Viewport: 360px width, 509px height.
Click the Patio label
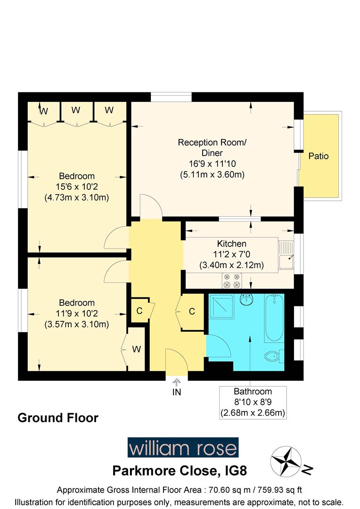click(x=319, y=156)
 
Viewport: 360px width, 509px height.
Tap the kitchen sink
click(x=286, y=255)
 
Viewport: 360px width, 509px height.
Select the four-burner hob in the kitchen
click(x=232, y=281)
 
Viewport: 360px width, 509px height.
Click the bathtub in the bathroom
click(x=273, y=318)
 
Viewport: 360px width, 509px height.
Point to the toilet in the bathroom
click(x=273, y=356)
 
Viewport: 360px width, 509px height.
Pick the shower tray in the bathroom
click(x=221, y=308)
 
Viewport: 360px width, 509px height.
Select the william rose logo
click(x=183, y=447)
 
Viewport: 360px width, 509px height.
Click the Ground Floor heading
click(x=58, y=418)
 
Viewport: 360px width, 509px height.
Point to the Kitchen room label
click(x=231, y=244)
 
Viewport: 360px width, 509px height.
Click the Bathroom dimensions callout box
click(x=253, y=402)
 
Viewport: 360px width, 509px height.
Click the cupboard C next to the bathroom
click(x=192, y=312)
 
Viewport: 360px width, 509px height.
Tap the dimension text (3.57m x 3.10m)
click(x=77, y=324)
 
